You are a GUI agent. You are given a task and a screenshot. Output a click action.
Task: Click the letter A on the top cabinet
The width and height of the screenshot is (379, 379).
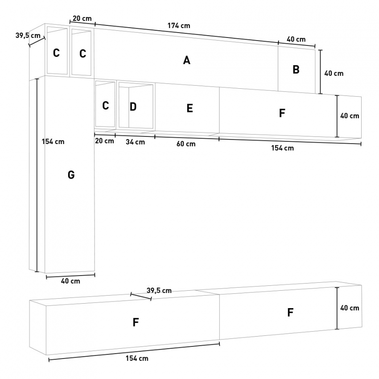point(186,60)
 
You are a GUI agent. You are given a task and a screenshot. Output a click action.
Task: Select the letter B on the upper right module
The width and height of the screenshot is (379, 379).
point(296,70)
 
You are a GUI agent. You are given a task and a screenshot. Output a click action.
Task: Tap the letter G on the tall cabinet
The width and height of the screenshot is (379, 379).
point(71,175)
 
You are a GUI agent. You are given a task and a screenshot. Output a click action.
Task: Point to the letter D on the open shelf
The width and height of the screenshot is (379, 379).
point(133,107)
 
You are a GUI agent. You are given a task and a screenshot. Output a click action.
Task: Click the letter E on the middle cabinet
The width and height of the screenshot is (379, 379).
point(190,108)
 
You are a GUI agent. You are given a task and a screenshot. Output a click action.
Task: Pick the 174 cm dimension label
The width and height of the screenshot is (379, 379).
point(179,25)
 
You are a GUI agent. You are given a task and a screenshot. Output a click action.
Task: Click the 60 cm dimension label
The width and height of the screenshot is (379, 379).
point(186,144)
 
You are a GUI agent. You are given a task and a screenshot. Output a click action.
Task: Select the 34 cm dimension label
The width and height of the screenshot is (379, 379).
point(136,142)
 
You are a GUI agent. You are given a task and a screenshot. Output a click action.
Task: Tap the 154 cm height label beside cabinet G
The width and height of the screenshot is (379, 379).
point(53,141)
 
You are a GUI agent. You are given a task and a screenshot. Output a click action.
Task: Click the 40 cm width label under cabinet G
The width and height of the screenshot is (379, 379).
point(70,281)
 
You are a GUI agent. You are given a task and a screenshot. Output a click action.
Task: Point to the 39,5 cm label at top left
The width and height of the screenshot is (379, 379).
point(28,35)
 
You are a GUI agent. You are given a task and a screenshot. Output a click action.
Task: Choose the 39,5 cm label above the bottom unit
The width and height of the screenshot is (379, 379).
point(159,290)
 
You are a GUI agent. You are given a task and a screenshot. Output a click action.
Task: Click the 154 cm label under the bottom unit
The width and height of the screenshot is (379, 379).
point(137,358)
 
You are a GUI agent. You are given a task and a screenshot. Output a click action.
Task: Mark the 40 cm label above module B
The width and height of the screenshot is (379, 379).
point(296,39)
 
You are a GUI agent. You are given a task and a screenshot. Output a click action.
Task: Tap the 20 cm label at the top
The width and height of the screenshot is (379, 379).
point(82,18)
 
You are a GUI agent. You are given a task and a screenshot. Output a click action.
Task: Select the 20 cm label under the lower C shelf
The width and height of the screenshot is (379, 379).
point(104,140)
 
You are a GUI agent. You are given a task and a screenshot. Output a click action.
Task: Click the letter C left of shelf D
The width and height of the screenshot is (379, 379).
point(105,106)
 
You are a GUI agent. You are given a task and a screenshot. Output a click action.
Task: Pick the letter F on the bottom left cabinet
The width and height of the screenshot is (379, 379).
point(136,322)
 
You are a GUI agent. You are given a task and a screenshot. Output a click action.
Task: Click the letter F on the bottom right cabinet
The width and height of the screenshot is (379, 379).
point(290,312)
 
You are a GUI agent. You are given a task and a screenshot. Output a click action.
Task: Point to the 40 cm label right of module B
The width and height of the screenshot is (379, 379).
point(334,74)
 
